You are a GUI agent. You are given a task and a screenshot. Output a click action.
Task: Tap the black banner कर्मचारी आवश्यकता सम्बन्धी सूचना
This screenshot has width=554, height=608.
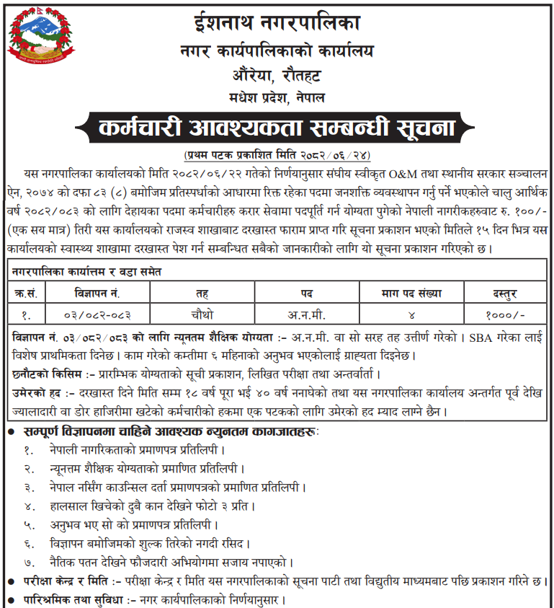[x=277, y=128]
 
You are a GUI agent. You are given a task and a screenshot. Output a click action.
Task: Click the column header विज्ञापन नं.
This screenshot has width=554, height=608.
[x=97, y=294]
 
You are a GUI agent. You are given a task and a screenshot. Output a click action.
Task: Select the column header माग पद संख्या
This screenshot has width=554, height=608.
[x=411, y=294]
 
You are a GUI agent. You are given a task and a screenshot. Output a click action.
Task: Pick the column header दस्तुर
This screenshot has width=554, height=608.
[x=505, y=294]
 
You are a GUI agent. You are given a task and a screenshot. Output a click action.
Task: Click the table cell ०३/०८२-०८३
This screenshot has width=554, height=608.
[x=97, y=314]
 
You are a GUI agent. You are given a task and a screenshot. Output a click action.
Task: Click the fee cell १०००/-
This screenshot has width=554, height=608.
[x=505, y=314]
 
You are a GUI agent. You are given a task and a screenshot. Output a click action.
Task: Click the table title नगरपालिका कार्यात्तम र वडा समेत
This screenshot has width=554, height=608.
[x=86, y=272]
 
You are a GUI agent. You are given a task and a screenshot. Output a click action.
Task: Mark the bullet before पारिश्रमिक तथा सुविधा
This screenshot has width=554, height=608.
[x=8, y=599]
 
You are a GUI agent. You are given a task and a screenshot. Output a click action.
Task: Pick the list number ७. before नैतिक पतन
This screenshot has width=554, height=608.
[x=29, y=562]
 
